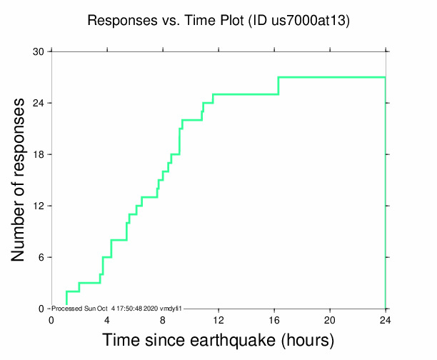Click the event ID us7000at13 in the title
click(308, 21)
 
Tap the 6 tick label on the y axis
click(41, 258)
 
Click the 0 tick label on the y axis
click(41, 309)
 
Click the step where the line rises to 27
click(278, 85)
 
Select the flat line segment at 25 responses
click(246, 94)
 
